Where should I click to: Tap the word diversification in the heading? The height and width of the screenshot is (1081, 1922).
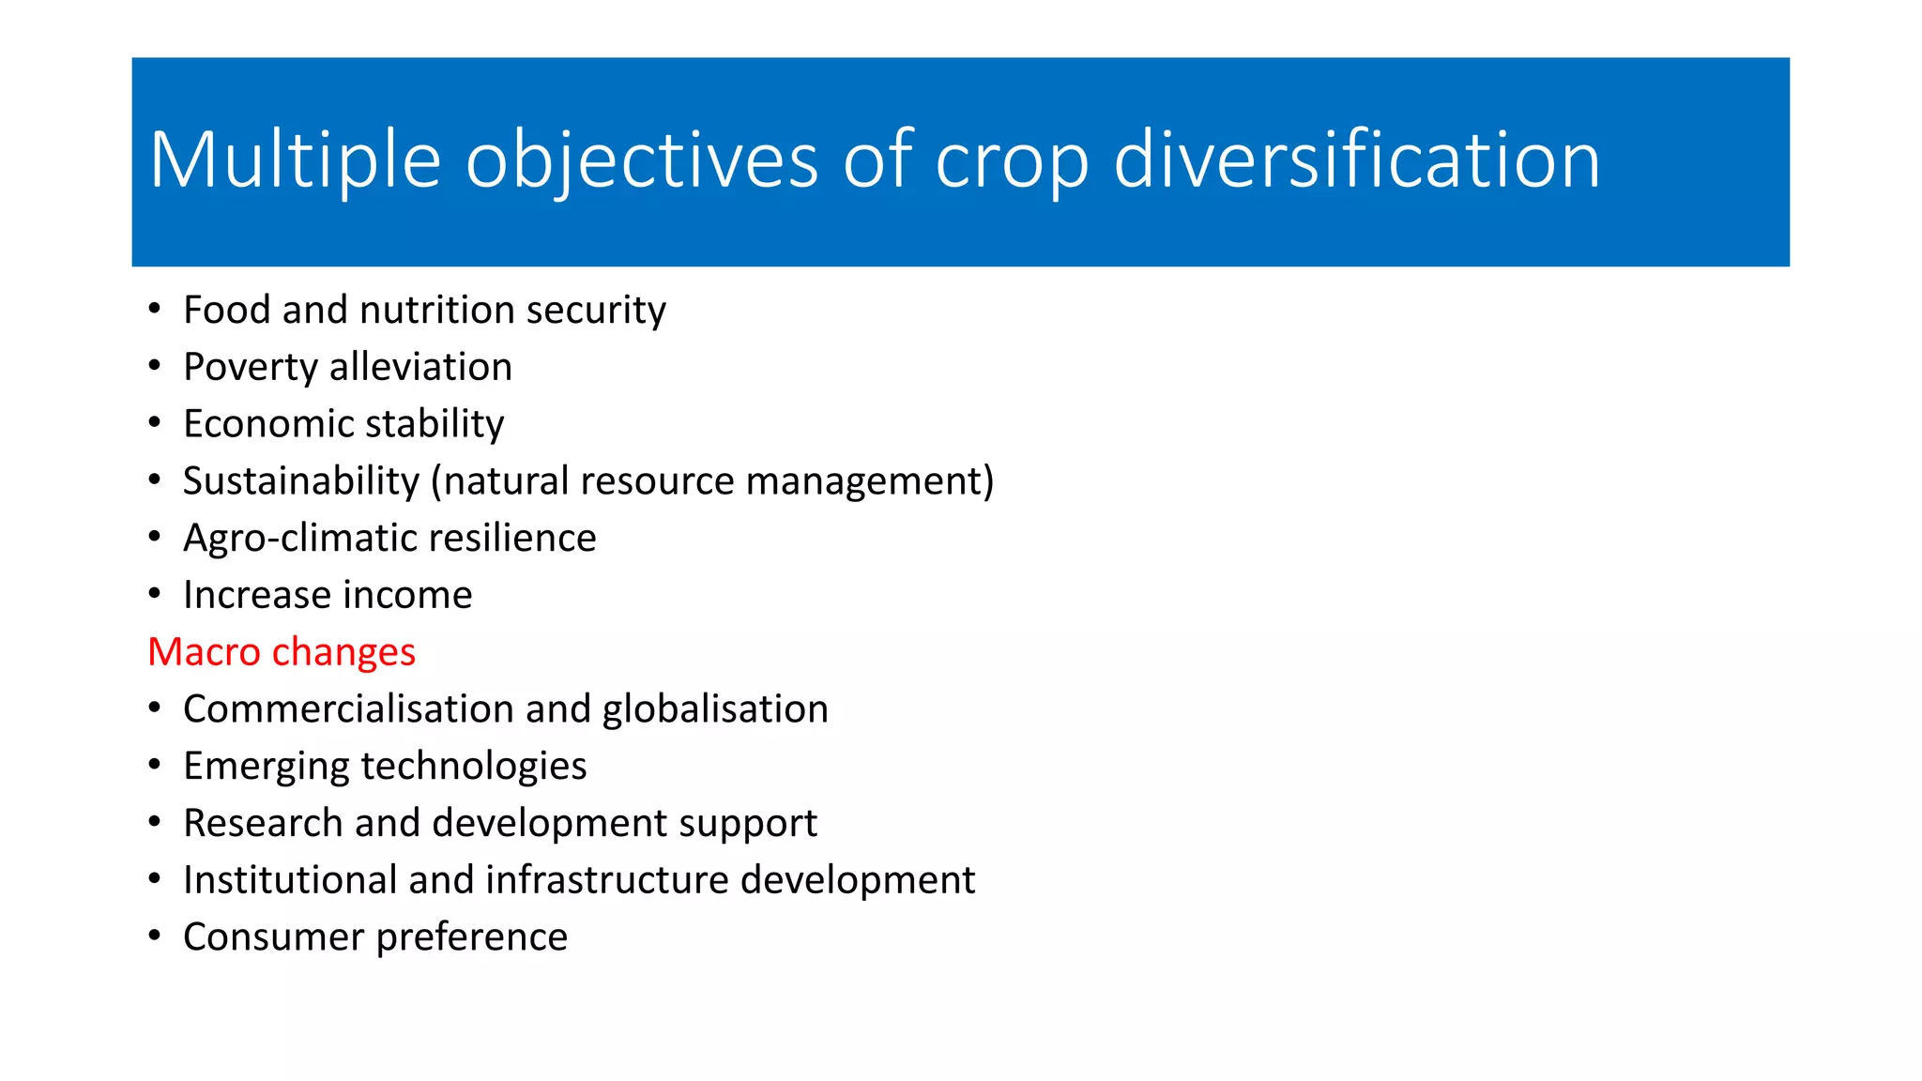click(x=1356, y=160)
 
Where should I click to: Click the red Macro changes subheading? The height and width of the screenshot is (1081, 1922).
click(x=282, y=652)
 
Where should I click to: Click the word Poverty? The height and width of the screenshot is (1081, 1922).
click(x=251, y=368)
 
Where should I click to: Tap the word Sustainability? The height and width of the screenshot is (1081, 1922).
click(x=300, y=481)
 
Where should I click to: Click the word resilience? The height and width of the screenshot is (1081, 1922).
click(x=512, y=539)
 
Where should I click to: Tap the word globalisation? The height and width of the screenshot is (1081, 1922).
click(x=715, y=709)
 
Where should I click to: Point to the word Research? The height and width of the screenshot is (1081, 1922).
click(x=263, y=824)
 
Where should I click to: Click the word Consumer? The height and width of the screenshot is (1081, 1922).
click(x=273, y=937)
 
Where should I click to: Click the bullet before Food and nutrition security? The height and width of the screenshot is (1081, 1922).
click(x=155, y=309)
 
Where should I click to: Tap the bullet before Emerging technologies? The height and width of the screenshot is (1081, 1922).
click(x=155, y=765)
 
